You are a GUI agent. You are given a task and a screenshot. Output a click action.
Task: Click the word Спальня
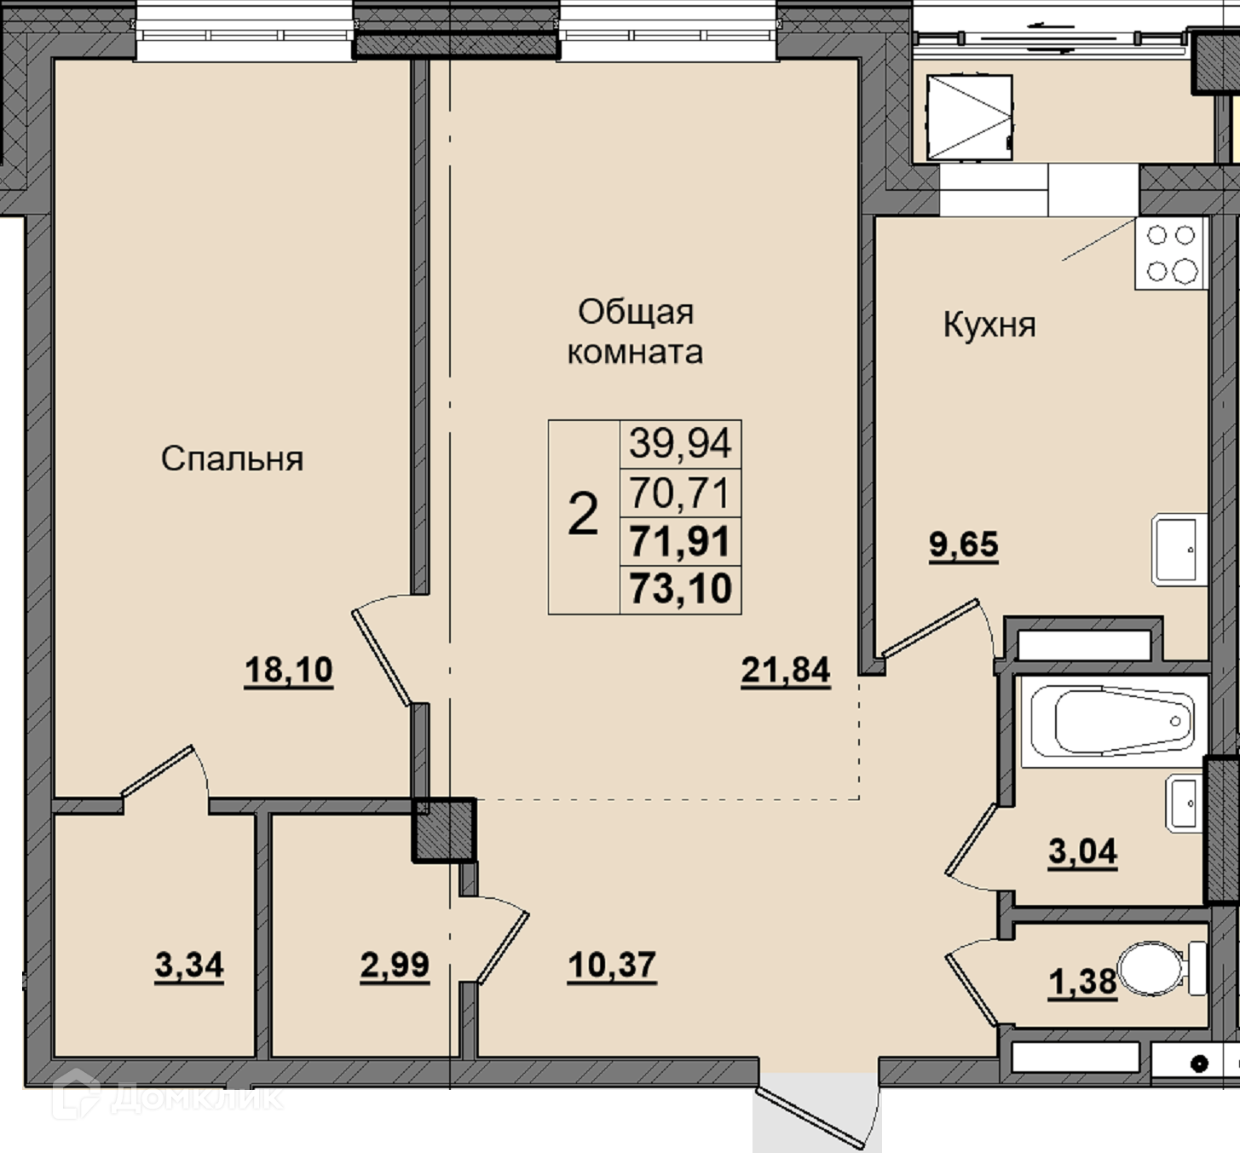[x=233, y=459]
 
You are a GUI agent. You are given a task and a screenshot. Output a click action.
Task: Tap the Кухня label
[x=989, y=326]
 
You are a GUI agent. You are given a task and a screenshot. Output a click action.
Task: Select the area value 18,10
[x=288, y=670]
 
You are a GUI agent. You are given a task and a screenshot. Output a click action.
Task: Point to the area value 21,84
[x=786, y=671]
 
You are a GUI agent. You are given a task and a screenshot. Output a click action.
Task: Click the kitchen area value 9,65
[x=963, y=545]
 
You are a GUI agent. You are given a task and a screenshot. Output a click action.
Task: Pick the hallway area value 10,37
[x=612, y=965]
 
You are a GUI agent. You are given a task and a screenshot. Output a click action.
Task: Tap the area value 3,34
[x=188, y=966]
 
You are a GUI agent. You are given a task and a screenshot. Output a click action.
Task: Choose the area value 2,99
[x=395, y=966]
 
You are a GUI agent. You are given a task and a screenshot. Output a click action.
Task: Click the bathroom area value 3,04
[x=1082, y=851]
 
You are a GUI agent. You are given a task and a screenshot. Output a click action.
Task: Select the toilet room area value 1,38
[x=1082, y=983]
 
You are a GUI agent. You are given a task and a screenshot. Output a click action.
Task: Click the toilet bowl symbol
[x=1162, y=968]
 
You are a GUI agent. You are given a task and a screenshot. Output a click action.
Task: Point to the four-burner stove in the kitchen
[x=1171, y=254]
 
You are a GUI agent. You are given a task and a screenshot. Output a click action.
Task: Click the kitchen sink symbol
[x=1179, y=550]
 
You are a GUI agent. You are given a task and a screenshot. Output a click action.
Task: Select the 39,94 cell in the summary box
[x=680, y=444]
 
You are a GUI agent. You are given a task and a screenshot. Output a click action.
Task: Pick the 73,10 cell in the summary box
[x=680, y=590]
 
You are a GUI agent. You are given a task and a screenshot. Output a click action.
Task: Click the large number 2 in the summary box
[x=583, y=515]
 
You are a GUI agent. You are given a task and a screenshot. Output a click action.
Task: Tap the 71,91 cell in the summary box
[x=680, y=541]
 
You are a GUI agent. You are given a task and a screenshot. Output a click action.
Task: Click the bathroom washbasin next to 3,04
[x=1185, y=804]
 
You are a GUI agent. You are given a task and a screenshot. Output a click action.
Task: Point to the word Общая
[x=636, y=312]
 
